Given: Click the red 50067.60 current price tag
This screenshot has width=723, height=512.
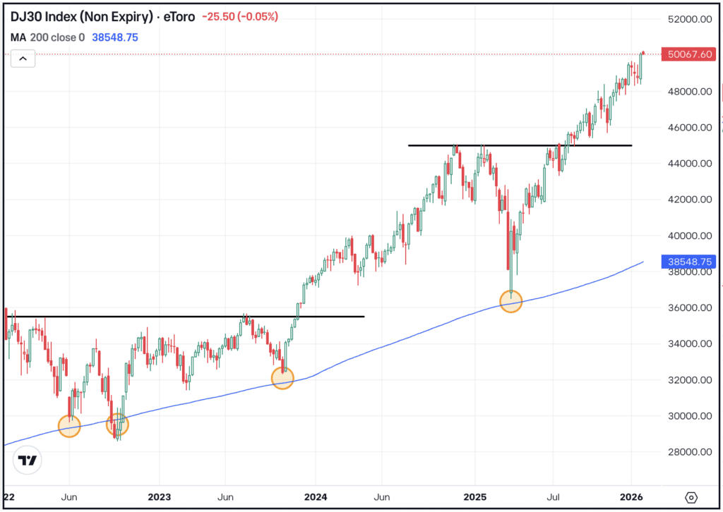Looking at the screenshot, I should [687, 54].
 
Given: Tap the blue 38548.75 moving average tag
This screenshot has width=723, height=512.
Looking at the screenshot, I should [687, 262].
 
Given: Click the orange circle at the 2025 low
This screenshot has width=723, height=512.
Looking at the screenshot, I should [510, 301].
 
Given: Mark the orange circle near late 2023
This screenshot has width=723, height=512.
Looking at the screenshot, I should [282, 378].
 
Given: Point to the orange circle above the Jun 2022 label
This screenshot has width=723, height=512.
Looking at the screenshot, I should [69, 426].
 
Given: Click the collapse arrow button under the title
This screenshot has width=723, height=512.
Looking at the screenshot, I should [23, 59].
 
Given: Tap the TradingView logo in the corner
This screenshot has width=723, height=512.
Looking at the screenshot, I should [28, 461].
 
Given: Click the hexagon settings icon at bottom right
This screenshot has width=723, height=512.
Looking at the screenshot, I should [691, 496].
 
